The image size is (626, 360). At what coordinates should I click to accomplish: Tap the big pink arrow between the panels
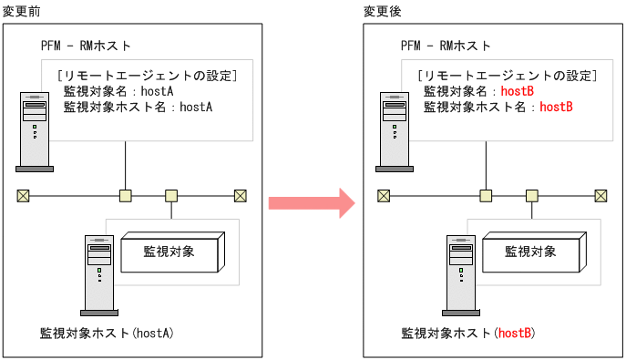coord(311,202)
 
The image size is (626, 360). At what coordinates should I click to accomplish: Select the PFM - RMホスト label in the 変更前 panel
coord(87,46)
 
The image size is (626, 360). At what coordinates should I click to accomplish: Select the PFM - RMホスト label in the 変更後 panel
coord(446,46)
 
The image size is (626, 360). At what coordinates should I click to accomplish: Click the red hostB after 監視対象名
coord(517,92)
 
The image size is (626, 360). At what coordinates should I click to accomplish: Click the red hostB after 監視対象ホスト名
coord(556,107)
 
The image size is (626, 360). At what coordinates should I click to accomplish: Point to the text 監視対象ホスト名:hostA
coord(138,107)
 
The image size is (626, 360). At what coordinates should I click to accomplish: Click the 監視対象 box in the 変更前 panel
coord(169,252)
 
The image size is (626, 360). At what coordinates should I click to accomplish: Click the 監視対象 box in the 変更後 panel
coord(530,252)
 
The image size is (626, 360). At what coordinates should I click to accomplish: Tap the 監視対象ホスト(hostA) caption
coord(107,334)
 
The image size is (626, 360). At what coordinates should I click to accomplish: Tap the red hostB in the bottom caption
coord(514,334)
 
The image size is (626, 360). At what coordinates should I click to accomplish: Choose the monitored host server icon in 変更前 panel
coord(97,274)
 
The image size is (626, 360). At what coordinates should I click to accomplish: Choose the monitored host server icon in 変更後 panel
coord(459,274)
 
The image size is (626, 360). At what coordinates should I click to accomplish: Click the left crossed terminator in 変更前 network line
coord(23,195)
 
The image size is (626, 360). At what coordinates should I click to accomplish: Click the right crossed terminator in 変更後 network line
coord(601,195)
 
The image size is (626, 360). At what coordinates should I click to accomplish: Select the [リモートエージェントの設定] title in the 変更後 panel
coord(506,76)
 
